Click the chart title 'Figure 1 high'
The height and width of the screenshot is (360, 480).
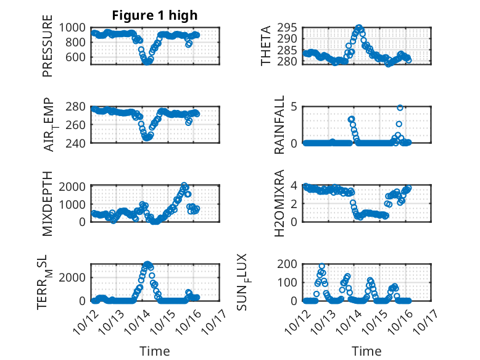[154, 15]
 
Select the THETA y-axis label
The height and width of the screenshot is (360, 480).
[266, 46]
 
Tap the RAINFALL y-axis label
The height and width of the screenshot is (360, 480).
[279, 124]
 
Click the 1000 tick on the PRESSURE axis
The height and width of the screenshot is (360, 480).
[76, 27]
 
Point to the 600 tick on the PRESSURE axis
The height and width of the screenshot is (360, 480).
[79, 57]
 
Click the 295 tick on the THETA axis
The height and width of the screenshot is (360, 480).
[290, 27]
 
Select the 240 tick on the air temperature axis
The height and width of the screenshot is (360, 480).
[79, 143]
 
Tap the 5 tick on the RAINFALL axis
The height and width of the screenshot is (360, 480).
[295, 106]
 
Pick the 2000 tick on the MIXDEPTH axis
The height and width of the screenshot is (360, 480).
[76, 185]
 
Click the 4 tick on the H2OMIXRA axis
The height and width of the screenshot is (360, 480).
[295, 185]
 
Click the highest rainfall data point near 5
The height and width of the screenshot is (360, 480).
[400, 107]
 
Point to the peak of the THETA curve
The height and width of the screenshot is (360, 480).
[359, 28]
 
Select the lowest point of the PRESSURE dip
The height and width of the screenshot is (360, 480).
[147, 61]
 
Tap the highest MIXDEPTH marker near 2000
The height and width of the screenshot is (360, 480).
[184, 185]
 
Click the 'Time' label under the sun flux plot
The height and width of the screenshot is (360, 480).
[366, 351]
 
